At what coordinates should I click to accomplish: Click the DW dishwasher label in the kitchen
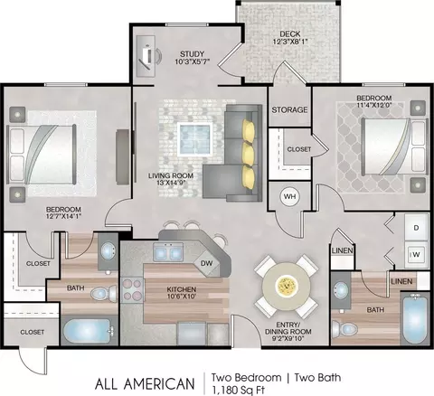(x=207, y=263)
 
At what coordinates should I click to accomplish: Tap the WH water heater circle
(x=290, y=197)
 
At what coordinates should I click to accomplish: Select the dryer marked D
(x=416, y=228)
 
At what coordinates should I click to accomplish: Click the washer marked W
(x=416, y=254)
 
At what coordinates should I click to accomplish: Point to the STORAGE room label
(x=289, y=109)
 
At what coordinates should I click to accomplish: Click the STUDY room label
(x=192, y=54)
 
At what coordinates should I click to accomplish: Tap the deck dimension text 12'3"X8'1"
(x=290, y=42)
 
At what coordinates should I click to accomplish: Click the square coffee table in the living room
(x=195, y=139)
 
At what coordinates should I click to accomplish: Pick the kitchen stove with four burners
(x=133, y=290)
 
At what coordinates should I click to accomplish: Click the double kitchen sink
(x=168, y=252)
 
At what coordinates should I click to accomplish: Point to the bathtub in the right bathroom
(x=415, y=318)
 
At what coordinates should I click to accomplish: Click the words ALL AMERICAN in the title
(x=145, y=384)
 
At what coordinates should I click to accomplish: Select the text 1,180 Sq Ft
(x=238, y=391)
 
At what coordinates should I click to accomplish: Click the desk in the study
(x=146, y=56)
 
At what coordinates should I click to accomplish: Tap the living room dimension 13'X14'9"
(x=171, y=183)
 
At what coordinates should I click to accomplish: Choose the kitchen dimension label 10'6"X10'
(x=182, y=296)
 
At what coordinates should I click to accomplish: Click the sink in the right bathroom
(x=341, y=290)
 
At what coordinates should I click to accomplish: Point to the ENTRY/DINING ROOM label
(x=288, y=332)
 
